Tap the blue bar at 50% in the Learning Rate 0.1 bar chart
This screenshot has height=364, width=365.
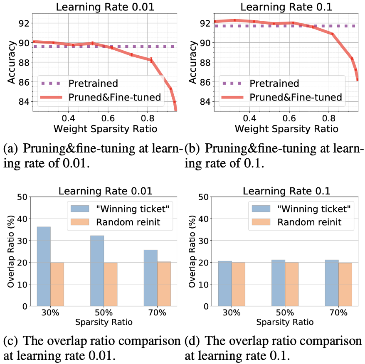coord(278,283)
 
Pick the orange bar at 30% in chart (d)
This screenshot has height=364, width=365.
coord(238,284)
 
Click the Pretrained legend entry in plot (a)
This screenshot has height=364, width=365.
coord(91,83)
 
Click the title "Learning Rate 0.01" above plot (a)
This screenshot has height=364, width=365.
coord(105,7)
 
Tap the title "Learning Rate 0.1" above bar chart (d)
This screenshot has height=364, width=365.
coord(286,192)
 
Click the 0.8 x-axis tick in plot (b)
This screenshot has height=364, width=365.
coord(329,117)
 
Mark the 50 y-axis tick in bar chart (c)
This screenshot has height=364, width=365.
coord(25,197)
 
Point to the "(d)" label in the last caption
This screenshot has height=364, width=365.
coord(192,342)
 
